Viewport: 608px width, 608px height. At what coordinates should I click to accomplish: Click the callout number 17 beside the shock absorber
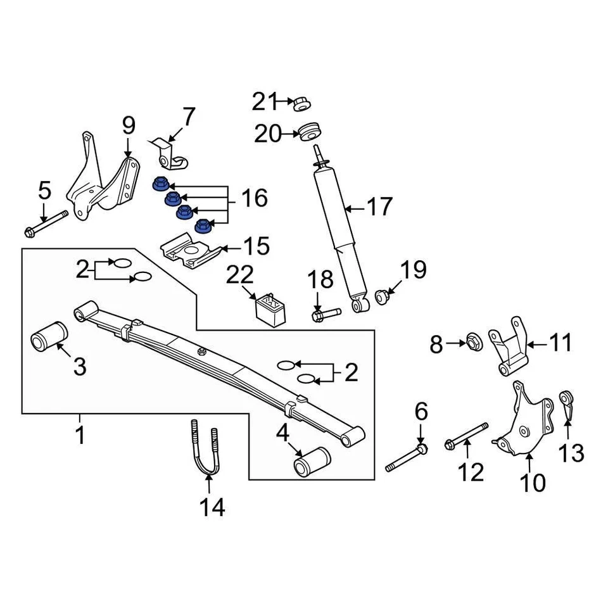pos(380,208)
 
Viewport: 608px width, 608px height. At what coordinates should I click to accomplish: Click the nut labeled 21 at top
pos(301,102)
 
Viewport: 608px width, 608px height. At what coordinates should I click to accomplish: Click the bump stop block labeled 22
pos(270,308)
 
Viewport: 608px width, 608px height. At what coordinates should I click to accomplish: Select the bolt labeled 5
pos(46,224)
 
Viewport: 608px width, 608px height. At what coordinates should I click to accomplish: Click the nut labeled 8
pos(474,343)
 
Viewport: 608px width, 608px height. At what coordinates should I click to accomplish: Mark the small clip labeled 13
pos(567,406)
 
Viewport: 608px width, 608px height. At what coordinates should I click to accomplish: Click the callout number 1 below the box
pos(80,436)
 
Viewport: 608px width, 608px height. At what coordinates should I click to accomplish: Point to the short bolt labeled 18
pos(325,313)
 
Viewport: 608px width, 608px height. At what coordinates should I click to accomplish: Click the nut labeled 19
pos(383,296)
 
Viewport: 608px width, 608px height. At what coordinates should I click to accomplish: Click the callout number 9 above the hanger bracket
pos(129,127)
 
